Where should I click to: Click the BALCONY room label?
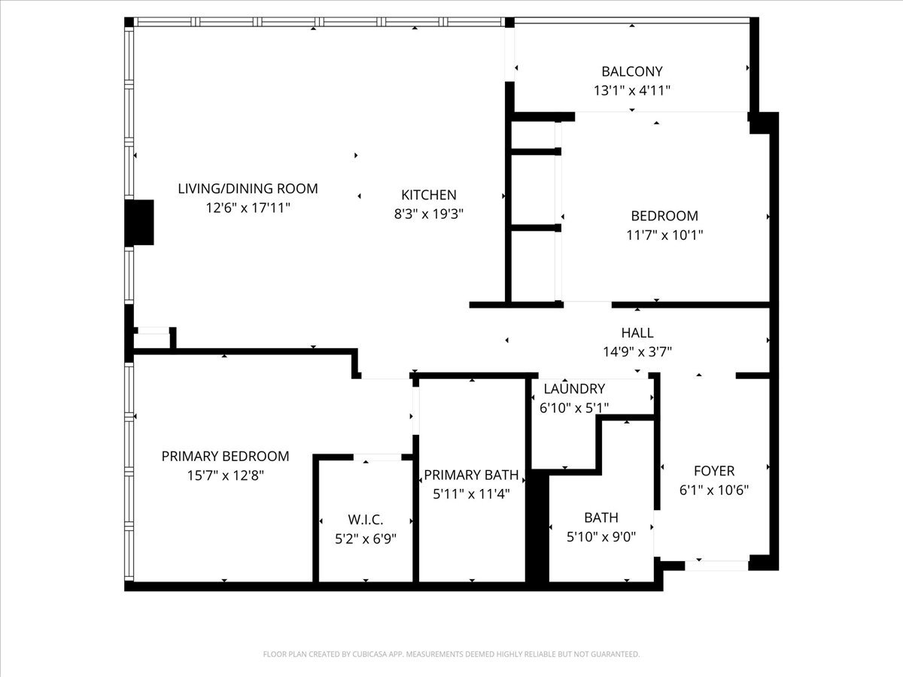(632, 71)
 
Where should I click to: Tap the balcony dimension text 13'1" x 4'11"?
(632, 90)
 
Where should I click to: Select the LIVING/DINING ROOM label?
(248, 189)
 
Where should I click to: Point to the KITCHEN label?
(429, 195)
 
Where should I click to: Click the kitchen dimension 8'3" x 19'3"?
(429, 214)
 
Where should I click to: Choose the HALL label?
(637, 332)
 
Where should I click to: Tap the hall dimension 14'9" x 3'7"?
(637, 352)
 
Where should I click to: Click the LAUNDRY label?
(574, 388)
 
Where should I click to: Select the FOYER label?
(714, 471)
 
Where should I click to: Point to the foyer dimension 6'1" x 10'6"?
(714, 490)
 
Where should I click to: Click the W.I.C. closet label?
(365, 520)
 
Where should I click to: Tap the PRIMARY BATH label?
(471, 475)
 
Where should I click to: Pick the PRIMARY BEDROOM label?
(225, 457)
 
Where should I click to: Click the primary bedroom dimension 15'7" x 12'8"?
(225, 475)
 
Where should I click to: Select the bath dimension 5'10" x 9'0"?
(601, 537)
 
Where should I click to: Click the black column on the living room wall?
(139, 223)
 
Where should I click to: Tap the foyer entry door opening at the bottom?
(716, 566)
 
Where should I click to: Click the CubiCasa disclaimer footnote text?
(451, 654)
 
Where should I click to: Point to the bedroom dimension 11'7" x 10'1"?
(664, 235)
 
